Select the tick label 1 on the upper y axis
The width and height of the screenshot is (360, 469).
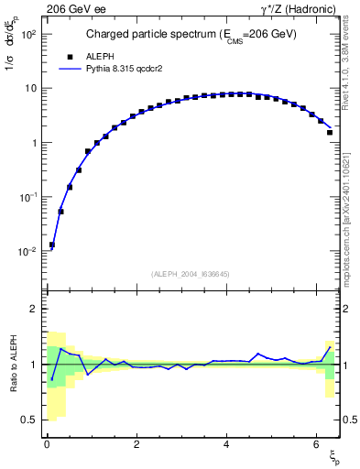[34, 143]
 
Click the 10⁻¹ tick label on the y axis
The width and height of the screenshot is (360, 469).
[29, 197]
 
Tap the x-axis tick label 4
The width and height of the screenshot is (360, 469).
[225, 444]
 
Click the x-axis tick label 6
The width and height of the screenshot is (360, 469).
[315, 444]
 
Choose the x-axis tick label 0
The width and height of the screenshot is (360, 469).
[47, 444]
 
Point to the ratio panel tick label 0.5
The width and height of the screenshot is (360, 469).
[30, 420]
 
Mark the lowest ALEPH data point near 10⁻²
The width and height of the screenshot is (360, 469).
[52, 245]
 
